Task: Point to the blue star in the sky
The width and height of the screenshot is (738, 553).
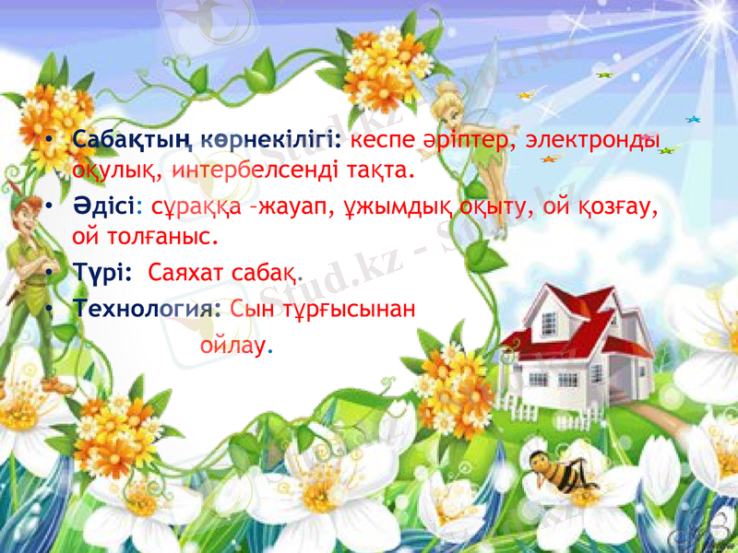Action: (693, 118)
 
